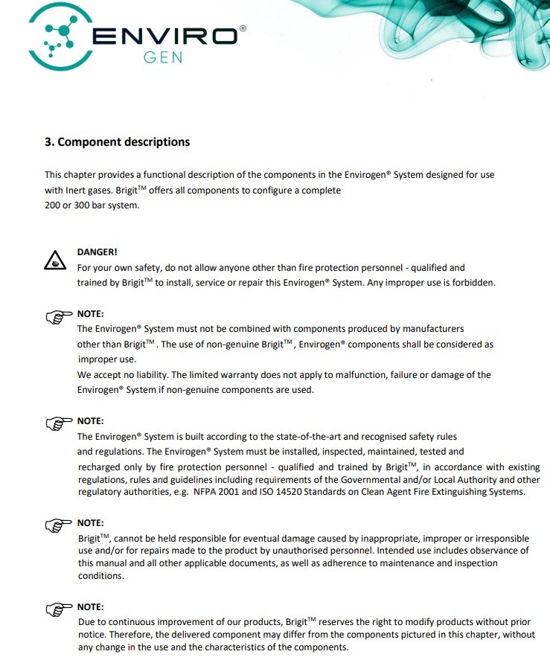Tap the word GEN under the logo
(163, 58)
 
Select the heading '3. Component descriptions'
(117, 142)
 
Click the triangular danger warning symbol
(54, 261)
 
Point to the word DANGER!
(97, 252)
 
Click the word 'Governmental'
(330, 480)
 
